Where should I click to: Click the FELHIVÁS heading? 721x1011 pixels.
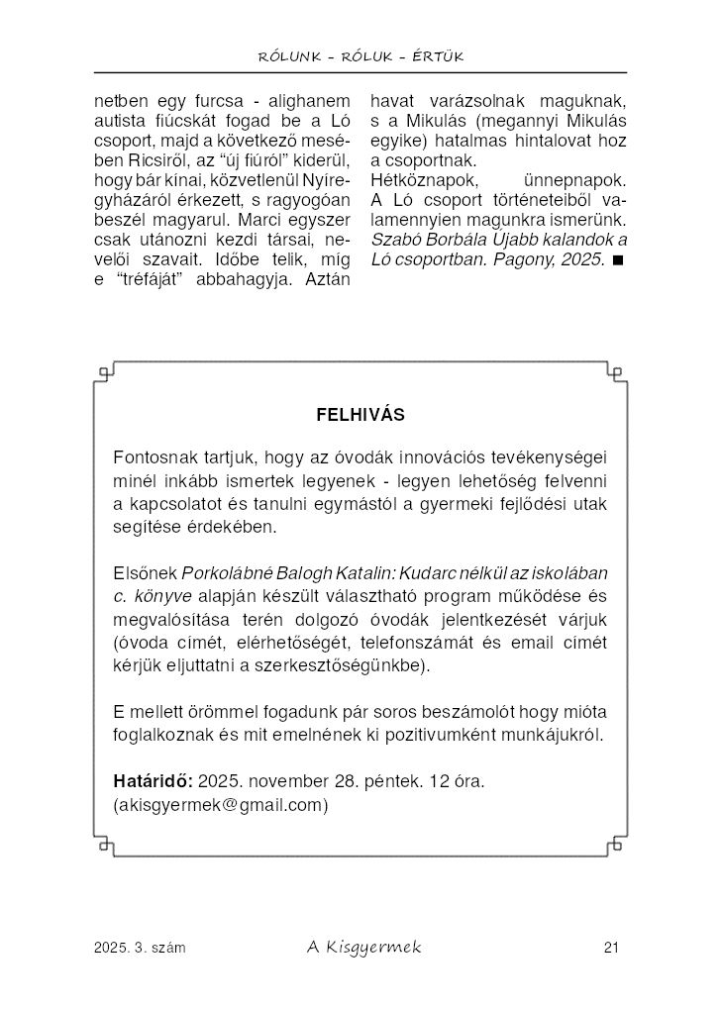pos(360,415)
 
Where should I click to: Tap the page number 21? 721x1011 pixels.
pos(610,949)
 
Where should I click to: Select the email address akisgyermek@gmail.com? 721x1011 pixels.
pos(222,805)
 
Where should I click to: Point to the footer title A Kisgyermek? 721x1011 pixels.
pos(362,948)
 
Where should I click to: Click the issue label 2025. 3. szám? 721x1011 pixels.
pos(140,949)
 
